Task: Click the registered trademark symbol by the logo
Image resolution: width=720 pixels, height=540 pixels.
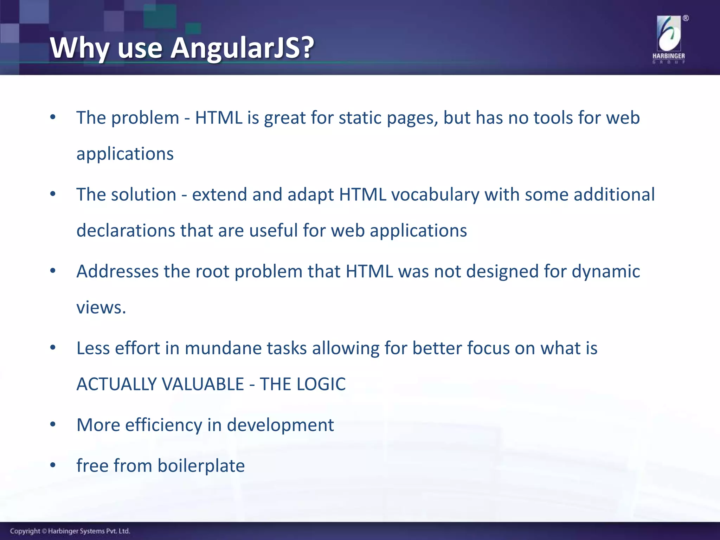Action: [x=686, y=18]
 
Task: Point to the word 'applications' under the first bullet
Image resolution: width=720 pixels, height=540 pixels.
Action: [x=125, y=154]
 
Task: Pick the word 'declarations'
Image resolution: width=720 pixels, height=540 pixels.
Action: [x=126, y=231]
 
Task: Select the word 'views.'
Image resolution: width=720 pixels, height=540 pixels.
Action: [x=101, y=308]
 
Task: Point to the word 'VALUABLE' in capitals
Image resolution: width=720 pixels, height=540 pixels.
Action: [x=202, y=384]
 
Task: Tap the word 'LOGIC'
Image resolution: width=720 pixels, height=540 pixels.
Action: [x=321, y=384]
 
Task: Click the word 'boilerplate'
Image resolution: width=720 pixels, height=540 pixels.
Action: [x=201, y=465]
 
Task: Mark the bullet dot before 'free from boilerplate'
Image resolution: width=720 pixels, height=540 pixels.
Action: [x=53, y=465]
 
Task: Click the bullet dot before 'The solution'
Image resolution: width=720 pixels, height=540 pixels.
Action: [x=53, y=194]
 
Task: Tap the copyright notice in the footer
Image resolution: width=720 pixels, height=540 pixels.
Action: [x=70, y=531]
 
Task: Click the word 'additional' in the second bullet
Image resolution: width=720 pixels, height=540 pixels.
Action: [x=614, y=194]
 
